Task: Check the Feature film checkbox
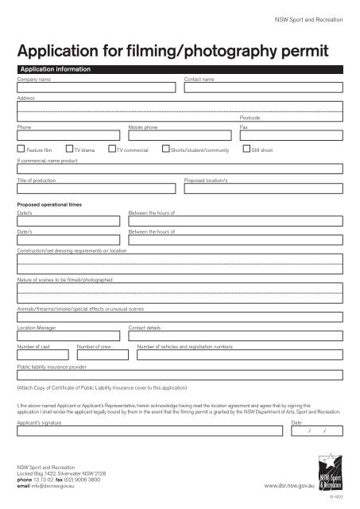point(21,148)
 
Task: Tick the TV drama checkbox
point(69,148)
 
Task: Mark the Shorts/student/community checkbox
point(165,148)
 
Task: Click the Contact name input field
point(263,87)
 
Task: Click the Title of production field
point(96,189)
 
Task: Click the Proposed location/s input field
point(263,189)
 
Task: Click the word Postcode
point(250,117)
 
